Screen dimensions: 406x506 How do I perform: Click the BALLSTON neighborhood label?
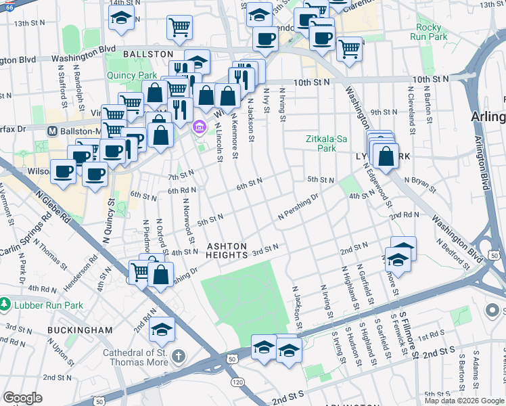(x=148, y=53)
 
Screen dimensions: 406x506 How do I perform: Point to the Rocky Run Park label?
(x=428, y=32)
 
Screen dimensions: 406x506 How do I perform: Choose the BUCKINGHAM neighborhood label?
(x=80, y=330)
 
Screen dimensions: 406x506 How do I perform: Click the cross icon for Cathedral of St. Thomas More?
(x=178, y=356)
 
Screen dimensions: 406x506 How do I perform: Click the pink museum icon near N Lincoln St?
(x=199, y=127)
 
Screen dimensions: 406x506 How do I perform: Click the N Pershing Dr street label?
(x=298, y=208)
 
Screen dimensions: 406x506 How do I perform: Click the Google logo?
(x=22, y=398)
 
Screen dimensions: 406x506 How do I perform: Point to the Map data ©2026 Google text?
(x=463, y=401)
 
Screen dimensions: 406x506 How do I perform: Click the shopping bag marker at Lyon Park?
(x=385, y=156)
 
